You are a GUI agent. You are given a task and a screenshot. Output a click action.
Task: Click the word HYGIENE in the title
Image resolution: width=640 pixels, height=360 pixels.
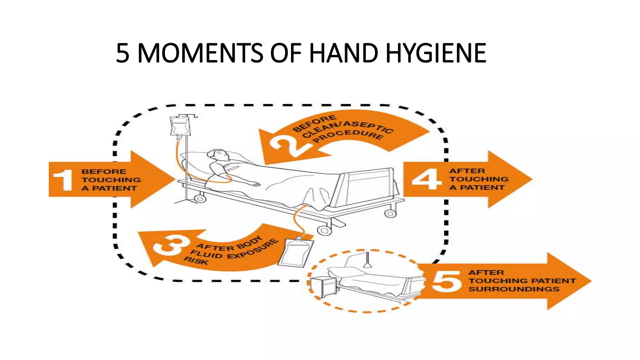(436, 53)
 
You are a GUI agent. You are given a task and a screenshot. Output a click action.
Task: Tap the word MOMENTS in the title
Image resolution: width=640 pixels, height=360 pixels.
(200, 53)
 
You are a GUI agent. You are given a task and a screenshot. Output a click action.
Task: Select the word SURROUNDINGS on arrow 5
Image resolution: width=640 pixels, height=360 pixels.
(514, 289)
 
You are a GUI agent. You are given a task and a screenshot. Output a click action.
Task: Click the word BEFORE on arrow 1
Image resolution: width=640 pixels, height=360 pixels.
(104, 172)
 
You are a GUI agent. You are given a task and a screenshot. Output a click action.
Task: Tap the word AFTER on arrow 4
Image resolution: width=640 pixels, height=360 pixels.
(467, 171)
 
